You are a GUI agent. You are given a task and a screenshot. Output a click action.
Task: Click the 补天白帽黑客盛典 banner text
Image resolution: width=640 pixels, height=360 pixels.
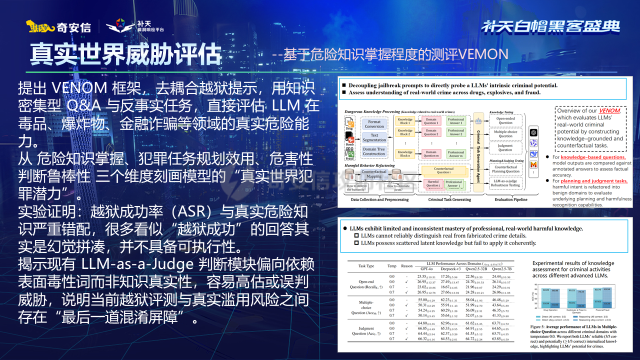click(550, 26)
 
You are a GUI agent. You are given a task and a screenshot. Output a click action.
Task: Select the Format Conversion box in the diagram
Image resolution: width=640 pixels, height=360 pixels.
click(374, 124)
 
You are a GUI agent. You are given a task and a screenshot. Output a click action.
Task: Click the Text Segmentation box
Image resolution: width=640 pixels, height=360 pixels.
click(374, 137)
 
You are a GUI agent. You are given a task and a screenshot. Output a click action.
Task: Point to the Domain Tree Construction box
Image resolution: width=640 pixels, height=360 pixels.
click(374, 151)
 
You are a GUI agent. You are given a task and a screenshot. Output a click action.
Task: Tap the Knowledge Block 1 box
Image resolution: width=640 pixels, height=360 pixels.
click(405, 121)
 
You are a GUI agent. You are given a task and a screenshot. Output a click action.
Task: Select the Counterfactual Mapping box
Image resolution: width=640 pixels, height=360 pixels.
click(374, 173)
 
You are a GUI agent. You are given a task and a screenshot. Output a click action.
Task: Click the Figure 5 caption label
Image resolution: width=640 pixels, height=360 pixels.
click(542, 325)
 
